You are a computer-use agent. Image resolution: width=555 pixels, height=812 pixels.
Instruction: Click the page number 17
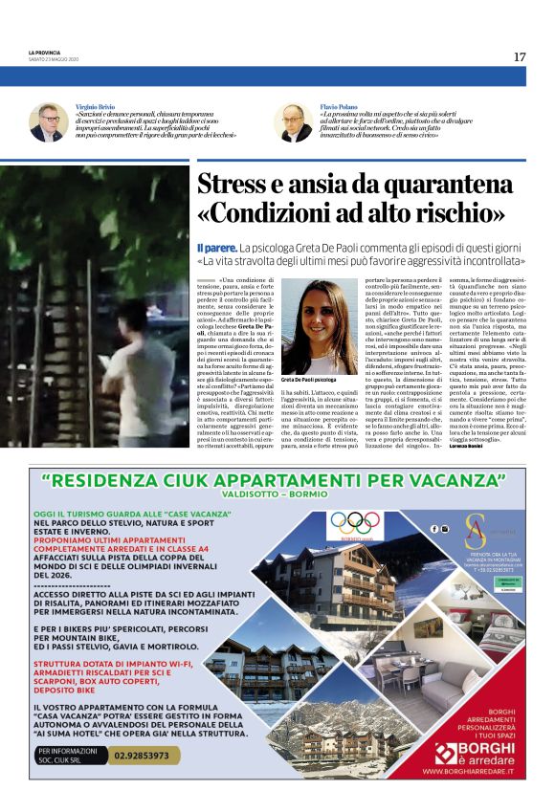pos(520,56)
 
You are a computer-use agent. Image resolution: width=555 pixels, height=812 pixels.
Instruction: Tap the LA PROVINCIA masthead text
pos(45,53)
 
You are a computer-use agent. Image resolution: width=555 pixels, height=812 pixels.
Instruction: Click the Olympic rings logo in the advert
pos(355,522)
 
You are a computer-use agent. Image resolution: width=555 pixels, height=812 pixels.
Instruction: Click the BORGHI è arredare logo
pos(476,751)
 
